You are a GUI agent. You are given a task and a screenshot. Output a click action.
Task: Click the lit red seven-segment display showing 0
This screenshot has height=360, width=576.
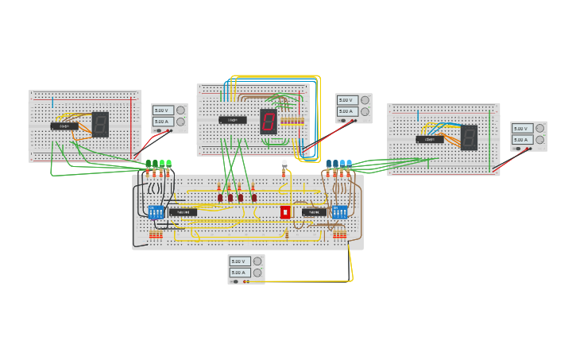click(269, 122)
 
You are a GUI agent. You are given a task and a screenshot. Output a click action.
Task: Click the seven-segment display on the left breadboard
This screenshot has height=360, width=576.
click(100, 125)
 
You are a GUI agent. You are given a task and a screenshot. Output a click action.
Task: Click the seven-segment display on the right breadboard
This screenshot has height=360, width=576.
click(469, 137)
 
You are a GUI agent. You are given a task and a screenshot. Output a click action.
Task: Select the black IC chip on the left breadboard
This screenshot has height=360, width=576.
click(64, 126)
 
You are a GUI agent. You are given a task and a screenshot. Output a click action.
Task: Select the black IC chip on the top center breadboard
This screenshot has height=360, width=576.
click(233, 120)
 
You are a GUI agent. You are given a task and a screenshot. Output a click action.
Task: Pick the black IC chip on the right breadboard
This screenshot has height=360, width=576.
click(430, 139)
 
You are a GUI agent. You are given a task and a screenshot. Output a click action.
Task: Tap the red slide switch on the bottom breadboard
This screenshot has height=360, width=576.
click(285, 212)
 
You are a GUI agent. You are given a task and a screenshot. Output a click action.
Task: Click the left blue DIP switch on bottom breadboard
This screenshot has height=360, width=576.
click(156, 212)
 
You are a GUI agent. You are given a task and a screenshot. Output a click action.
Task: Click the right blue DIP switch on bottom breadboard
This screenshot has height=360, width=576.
click(340, 212)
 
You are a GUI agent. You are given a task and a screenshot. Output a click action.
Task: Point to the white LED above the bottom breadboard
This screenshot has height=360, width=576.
click(284, 165)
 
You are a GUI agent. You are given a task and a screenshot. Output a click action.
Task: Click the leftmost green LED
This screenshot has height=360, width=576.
click(148, 165)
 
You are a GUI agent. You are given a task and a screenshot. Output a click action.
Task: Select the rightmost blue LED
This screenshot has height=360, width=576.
click(349, 165)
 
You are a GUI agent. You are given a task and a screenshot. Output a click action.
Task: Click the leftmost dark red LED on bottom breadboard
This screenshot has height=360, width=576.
click(221, 197)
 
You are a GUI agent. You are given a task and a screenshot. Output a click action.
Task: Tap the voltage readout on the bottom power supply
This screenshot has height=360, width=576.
click(240, 261)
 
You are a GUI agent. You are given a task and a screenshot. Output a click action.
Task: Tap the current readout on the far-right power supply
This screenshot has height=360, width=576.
click(521, 140)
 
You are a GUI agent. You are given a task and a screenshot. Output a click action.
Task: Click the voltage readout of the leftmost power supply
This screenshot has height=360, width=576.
click(163, 110)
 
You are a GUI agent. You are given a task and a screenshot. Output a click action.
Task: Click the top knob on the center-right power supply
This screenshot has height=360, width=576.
click(365, 100)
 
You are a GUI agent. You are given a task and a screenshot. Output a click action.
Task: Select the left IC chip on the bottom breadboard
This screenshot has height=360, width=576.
click(183, 212)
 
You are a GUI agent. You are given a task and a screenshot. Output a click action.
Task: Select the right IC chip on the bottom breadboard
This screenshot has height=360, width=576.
click(314, 212)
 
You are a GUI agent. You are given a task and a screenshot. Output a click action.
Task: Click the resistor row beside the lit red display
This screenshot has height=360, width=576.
click(292, 122)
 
